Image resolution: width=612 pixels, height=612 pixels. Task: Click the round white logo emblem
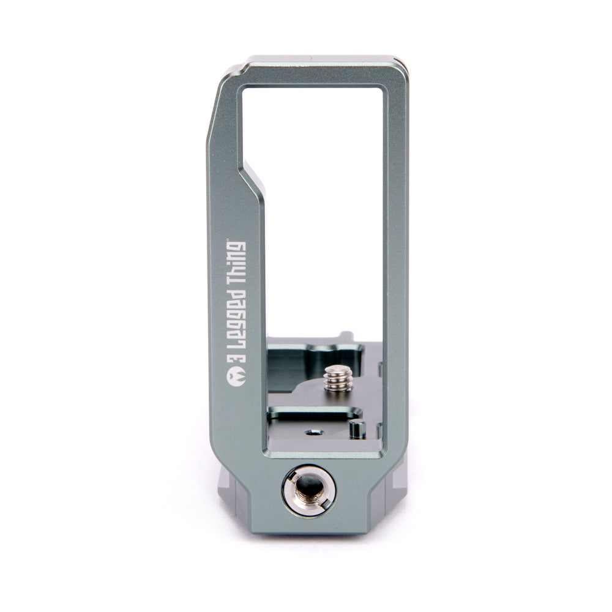point(236,377)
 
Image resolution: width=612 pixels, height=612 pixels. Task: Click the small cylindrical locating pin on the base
point(357,429)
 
